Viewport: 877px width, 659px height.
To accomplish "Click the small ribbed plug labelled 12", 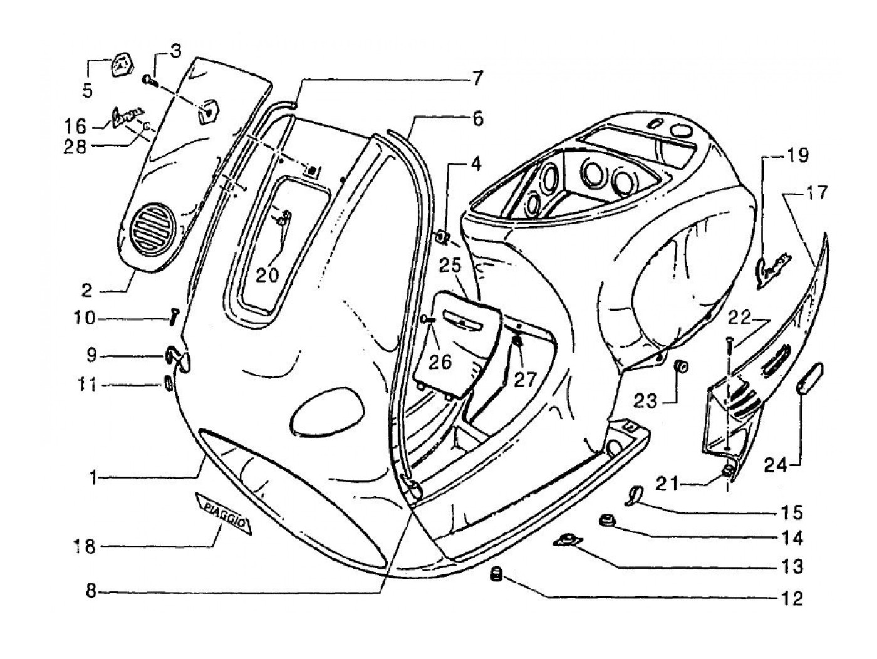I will click(497, 573).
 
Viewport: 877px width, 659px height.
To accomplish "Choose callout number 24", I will click(777, 464).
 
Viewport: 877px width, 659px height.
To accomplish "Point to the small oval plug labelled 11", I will click(168, 383).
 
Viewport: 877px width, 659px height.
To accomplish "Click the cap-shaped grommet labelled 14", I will click(606, 519).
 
